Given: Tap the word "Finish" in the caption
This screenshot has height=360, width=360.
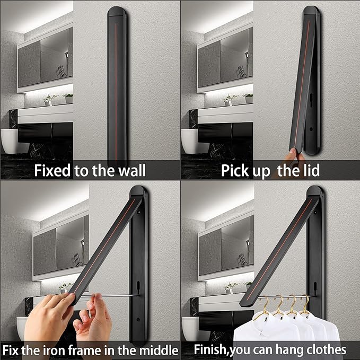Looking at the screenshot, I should click(x=211, y=350).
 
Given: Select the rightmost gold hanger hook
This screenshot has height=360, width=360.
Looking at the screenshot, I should click(x=305, y=303).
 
